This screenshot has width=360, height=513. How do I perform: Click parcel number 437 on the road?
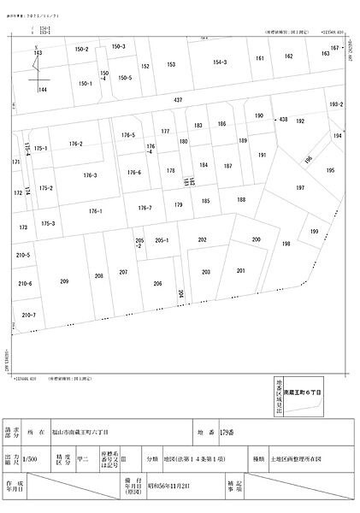pos(178,101)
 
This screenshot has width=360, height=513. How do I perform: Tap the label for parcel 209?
pos(64,281)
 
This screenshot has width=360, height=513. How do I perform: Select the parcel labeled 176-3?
pos(91,175)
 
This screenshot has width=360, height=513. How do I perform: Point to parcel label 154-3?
pos(220,62)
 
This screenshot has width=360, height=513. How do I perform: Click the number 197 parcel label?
pos(300,188)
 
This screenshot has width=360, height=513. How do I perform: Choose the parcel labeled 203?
pos(206,272)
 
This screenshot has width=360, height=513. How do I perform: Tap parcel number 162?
pos(289,56)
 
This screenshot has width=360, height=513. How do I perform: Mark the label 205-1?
pos(162,241)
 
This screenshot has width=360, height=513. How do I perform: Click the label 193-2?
pos(336,104)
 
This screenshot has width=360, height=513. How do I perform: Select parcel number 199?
pos(315,231)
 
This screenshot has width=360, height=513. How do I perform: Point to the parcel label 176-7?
pos(145,208)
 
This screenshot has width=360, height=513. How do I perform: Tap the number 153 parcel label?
pos(171,64)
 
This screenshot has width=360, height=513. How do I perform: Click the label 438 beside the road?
pos(282,120)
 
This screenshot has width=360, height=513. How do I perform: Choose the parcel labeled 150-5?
pos(125,78)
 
